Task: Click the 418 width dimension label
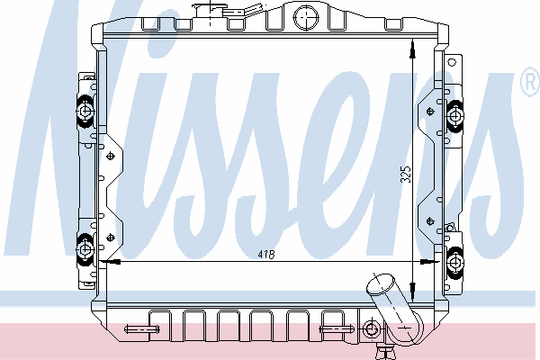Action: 266,255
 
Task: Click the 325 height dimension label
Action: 406,175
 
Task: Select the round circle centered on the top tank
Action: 306,17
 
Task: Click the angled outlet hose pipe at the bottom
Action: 395,310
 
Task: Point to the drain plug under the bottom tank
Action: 384,353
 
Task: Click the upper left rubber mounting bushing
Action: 85,112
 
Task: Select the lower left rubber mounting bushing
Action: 85,249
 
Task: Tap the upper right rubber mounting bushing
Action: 454,115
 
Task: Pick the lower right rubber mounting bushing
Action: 455,263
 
